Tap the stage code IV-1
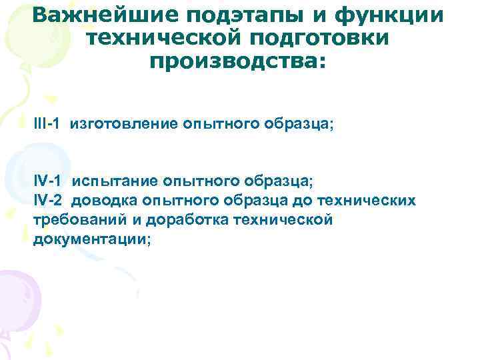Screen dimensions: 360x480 pyautogui.click(x=49, y=181)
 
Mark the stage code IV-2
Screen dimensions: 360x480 pyautogui.click(x=49, y=200)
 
